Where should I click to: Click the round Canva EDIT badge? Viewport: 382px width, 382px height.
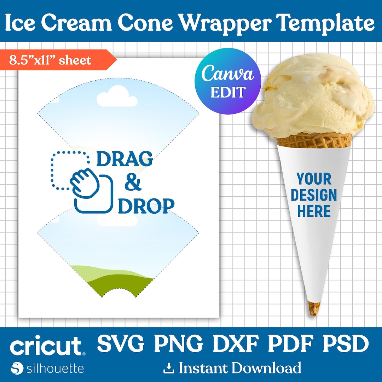[x=228, y=81]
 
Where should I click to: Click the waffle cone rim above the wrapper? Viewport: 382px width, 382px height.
[x=314, y=140]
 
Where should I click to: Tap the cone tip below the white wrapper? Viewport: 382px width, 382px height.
[x=314, y=308]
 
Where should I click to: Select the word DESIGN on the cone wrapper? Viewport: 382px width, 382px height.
[x=314, y=195]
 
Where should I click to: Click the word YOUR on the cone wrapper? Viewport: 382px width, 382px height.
[x=314, y=179]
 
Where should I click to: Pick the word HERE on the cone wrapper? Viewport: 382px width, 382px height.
[x=314, y=211]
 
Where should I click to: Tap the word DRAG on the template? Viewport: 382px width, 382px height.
[x=125, y=159]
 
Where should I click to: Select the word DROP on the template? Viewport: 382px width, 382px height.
[x=146, y=206]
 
